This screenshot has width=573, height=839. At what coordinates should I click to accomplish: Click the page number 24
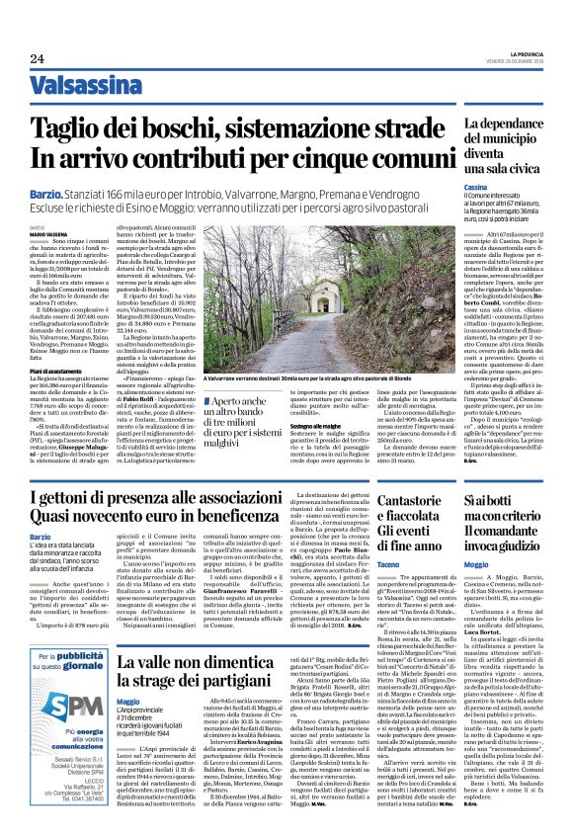38,57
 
